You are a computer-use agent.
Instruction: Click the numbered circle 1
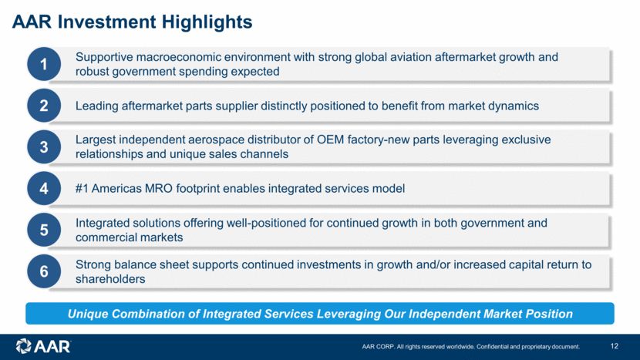tap(44, 64)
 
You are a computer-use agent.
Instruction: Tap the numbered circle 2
tap(44, 106)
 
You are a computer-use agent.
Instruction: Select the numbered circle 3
tap(44, 147)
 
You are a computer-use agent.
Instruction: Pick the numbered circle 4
tap(44, 189)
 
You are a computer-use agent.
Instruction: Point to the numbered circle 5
tap(44, 230)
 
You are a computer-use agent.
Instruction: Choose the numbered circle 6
tap(44, 271)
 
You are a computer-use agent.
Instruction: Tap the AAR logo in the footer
tap(43, 347)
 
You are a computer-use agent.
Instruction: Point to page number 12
tap(615, 346)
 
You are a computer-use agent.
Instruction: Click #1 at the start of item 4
tap(82, 189)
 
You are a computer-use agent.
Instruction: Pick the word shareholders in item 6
tap(110, 279)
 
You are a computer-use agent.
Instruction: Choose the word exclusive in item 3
tap(526, 140)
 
